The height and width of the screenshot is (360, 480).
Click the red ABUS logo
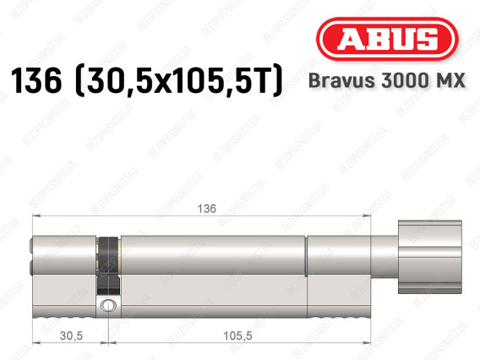387,39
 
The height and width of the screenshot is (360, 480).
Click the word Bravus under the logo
341,80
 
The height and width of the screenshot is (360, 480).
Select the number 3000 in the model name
404,80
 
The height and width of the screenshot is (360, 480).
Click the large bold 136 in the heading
36,80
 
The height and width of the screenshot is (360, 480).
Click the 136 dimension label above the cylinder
207,209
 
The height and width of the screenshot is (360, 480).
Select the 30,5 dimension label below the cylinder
71,335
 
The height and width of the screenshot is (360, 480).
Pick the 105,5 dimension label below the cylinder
237,335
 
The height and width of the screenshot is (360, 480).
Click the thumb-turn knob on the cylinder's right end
430,257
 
